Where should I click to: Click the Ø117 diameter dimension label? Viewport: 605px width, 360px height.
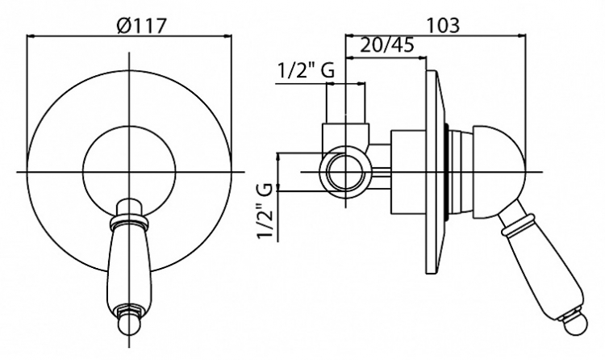(141, 27)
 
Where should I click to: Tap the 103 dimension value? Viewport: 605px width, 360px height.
(444, 26)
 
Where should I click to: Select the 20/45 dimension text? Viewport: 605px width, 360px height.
(387, 45)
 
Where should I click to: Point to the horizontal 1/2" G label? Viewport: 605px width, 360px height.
(306, 72)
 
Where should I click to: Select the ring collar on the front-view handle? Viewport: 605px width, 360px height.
(129, 222)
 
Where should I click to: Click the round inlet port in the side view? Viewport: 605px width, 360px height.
(346, 171)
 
